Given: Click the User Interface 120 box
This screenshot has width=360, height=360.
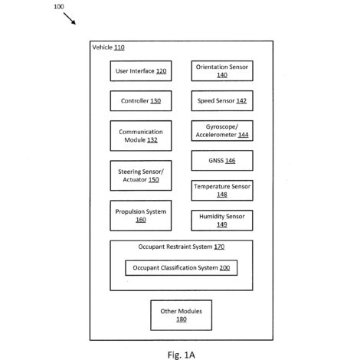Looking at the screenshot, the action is point(141,71).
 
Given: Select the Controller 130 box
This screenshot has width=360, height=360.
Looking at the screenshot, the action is point(141,101).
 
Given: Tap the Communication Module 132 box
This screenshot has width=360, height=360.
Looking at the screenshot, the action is point(141,136).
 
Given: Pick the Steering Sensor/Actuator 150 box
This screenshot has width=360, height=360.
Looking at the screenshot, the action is point(141,175).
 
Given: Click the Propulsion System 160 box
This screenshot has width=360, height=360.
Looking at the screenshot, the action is point(141,215).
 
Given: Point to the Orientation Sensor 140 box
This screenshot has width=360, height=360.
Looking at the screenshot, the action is point(222,71).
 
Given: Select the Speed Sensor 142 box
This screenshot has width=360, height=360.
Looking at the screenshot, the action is point(222,101).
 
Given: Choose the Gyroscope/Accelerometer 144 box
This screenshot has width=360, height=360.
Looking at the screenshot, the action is point(222,131).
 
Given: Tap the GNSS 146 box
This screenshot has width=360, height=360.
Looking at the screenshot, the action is point(222,161).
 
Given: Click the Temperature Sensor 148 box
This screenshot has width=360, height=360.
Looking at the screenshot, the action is point(222,191).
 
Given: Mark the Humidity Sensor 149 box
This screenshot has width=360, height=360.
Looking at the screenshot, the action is point(222,221).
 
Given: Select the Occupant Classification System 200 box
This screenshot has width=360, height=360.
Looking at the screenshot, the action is point(182,268).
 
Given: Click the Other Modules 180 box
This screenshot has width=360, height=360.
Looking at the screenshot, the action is point(182,316).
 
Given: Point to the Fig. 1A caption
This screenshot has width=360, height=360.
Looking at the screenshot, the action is point(182,355).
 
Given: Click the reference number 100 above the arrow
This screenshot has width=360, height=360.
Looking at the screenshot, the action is point(59,7).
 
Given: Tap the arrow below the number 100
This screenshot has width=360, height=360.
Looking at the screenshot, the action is point(70,18).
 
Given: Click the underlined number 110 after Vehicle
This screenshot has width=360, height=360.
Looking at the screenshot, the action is point(119,47).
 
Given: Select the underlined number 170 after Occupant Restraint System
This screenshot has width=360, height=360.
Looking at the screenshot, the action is point(219,247).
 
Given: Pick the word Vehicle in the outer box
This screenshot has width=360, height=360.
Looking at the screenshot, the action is point(103,47).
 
